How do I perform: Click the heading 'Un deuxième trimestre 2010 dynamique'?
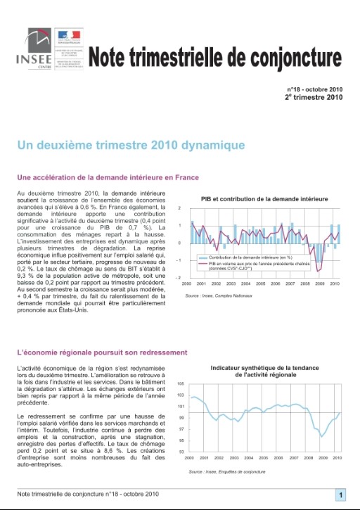[131, 146]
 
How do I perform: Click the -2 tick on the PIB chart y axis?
[180, 277]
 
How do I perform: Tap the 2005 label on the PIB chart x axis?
[260, 283]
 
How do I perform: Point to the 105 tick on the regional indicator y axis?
[181, 383]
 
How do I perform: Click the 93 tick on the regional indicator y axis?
[181, 452]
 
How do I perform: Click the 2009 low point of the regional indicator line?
[323, 436]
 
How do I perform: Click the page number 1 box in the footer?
[340, 495]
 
